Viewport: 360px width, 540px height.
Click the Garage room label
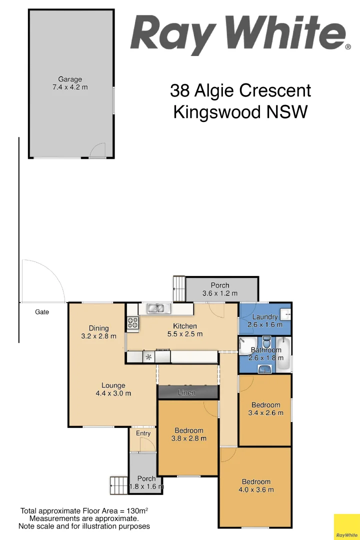click(70, 79)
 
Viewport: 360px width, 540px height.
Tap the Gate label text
click(42, 312)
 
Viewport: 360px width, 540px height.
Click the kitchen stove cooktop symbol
click(132, 323)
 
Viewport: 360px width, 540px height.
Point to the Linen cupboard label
click(187, 393)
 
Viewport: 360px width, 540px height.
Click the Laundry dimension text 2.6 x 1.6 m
click(264, 324)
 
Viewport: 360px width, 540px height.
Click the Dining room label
click(98, 328)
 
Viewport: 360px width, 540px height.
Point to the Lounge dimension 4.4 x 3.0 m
click(113, 393)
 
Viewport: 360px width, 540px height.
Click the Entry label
click(143, 433)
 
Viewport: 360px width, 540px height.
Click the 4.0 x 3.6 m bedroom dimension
click(256, 490)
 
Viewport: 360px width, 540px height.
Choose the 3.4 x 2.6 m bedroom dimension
click(265, 413)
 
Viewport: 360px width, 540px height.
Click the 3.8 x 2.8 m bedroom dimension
click(189, 438)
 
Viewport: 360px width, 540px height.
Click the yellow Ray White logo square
click(346, 527)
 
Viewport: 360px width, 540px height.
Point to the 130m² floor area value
click(137, 511)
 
